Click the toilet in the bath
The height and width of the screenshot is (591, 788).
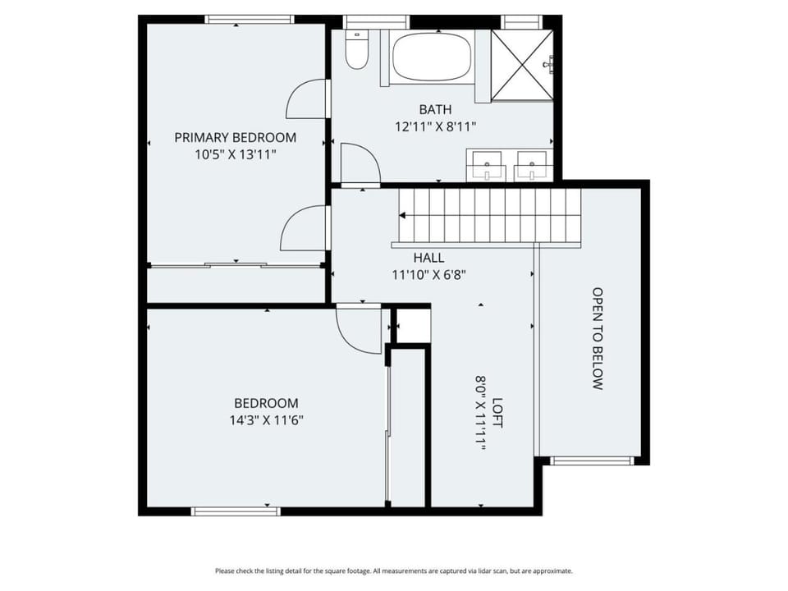tap(356, 49)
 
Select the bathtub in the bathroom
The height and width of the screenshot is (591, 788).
tap(432, 57)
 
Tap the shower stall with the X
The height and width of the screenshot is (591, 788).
tap(522, 66)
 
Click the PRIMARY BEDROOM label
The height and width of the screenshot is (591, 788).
tap(236, 137)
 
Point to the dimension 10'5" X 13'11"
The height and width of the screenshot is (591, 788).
tap(236, 154)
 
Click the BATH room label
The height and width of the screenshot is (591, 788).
tap(435, 109)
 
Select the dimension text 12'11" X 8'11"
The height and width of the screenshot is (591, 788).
tap(435, 126)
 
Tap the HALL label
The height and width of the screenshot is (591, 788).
tap(428, 258)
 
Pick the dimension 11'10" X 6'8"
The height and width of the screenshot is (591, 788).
tap(428, 275)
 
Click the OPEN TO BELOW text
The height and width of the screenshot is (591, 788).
tap(597, 339)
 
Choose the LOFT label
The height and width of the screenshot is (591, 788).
tap(497, 413)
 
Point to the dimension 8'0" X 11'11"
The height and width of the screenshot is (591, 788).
tap(481, 413)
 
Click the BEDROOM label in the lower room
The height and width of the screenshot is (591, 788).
tap(266, 403)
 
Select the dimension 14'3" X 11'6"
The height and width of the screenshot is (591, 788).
tap(266, 420)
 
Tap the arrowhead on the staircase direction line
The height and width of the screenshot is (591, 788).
tap(402, 216)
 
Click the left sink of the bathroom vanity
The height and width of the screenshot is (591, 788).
tap(487, 165)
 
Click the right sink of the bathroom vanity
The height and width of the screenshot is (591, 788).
tap(532, 165)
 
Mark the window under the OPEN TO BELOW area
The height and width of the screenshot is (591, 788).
tap(591, 460)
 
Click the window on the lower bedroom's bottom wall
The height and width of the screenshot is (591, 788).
tap(236, 511)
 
